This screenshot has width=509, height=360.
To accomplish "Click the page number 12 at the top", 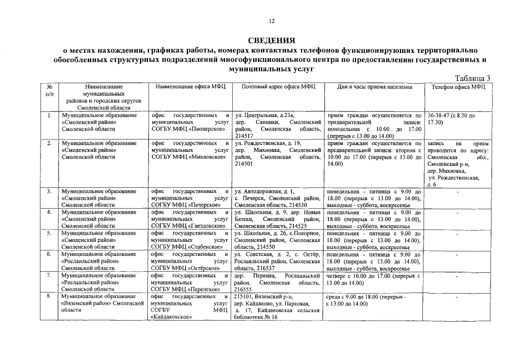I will click(271, 21).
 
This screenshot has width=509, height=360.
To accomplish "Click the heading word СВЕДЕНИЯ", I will click(271, 40).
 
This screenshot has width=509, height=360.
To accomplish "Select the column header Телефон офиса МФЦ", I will click(458, 87).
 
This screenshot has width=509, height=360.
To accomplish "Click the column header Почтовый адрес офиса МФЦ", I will click(278, 87).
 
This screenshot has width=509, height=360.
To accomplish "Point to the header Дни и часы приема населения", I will click(375, 87).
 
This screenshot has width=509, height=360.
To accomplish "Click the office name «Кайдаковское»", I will click(172, 317).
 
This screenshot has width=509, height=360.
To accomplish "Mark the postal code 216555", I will click(245, 289).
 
